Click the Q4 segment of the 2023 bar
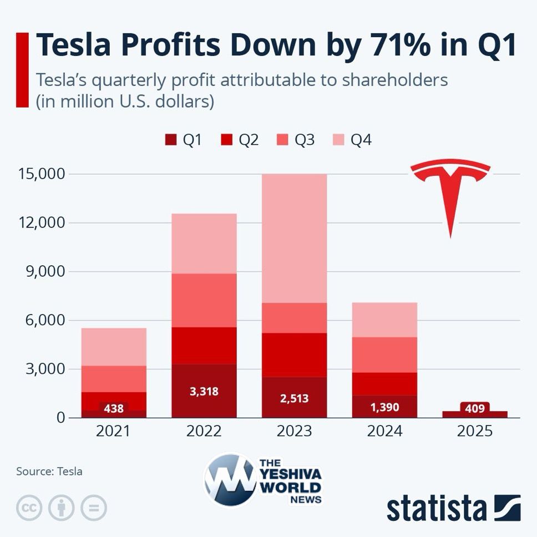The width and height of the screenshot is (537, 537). point(294,239)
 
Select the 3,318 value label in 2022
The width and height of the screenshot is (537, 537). point(204,392)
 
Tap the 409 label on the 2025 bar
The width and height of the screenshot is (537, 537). point(475,409)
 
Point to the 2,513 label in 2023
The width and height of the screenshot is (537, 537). point(294,398)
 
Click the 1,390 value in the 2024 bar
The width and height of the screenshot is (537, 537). point(384,408)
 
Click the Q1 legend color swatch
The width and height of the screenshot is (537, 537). point(170,140)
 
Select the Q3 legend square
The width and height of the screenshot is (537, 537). point(282,140)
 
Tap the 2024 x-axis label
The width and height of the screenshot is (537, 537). point(384,431)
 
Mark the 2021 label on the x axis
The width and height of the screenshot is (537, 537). point(114,431)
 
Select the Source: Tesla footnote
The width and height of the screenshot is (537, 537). point(49,472)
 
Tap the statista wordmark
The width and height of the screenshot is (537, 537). point(437,508)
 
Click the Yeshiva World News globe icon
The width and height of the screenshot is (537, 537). point(230,480)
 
